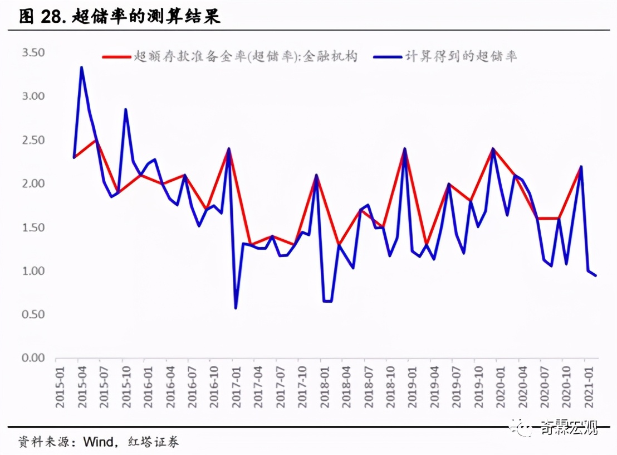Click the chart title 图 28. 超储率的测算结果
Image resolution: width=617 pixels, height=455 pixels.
tap(120, 17)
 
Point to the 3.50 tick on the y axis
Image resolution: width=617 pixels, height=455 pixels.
tap(33, 53)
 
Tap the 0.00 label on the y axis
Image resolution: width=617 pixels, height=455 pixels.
tap(33, 358)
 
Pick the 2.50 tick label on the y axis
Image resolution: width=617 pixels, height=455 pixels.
tap(33, 140)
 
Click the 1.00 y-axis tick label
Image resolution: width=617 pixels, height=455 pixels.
tap(33, 271)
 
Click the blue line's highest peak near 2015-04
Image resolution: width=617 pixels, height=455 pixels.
tap(81, 67)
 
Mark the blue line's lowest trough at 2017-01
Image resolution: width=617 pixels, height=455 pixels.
tap(236, 308)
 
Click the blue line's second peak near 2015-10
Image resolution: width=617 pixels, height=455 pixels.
tap(126, 109)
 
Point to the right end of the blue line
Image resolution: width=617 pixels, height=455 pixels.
tap(596, 275)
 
